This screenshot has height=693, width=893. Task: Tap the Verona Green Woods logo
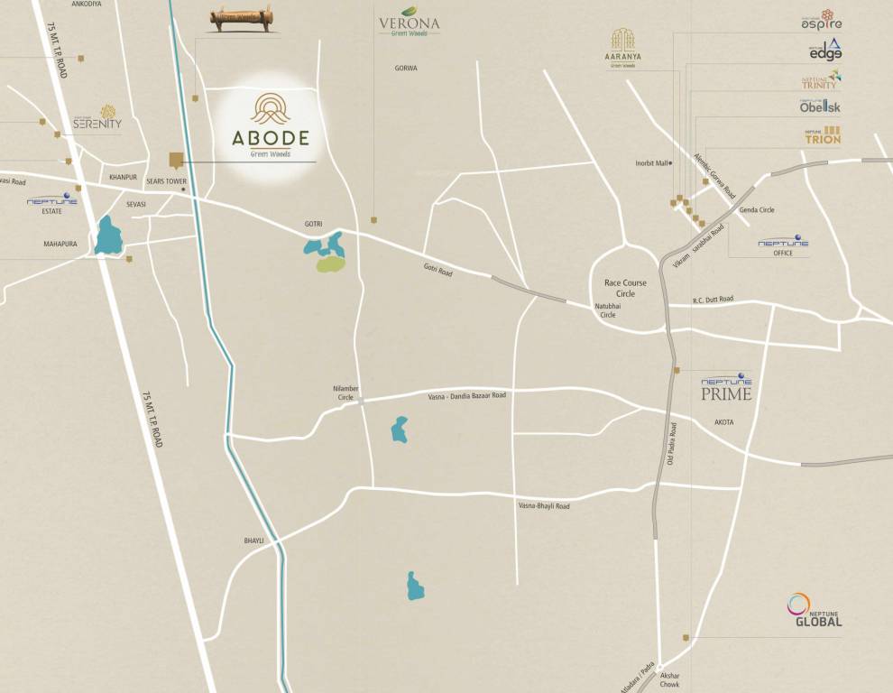pos(409,24)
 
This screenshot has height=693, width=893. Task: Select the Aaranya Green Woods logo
pos(621,49)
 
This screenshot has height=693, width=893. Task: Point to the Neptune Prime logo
pos(726,387)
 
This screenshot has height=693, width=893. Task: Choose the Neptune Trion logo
pos(822,136)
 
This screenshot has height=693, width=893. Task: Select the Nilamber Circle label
pos(345,393)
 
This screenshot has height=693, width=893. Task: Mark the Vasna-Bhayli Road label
pos(544,506)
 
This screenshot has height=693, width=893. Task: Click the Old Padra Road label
pos(671,444)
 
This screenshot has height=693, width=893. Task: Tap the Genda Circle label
pos(756,210)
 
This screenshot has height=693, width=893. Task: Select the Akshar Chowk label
pos(669,679)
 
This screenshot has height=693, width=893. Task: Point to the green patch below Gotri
pos(329,264)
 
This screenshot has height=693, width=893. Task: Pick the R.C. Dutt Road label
pos(713,299)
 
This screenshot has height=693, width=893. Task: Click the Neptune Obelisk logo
pos(820,106)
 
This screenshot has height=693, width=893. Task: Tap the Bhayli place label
pos(253,540)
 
